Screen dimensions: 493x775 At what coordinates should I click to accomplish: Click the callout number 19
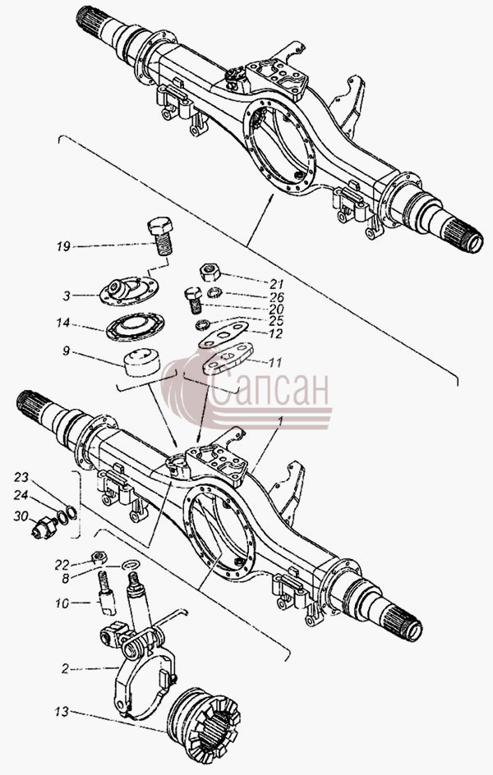[63, 245]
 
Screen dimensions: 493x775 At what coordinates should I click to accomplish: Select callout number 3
[67, 296]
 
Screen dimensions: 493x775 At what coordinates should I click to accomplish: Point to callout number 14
[63, 323]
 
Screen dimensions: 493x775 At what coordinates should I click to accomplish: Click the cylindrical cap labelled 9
[142, 363]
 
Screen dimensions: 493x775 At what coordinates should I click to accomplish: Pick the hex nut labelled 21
[210, 272]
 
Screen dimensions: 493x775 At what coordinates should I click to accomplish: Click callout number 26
[277, 297]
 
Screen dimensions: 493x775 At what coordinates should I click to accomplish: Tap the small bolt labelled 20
[194, 300]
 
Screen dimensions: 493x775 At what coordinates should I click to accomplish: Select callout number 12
[275, 333]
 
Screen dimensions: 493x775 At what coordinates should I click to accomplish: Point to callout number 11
[275, 362]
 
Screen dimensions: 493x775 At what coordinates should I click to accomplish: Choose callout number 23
[21, 477]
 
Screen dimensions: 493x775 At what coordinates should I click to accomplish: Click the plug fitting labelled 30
[44, 528]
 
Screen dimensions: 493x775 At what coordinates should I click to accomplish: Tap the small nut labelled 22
[99, 557]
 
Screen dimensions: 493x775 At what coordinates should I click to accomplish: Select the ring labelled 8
[131, 565]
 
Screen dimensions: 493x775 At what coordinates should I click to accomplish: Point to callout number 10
[62, 603]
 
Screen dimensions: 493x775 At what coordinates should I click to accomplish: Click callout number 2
[66, 669]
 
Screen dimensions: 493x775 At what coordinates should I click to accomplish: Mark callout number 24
[21, 496]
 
